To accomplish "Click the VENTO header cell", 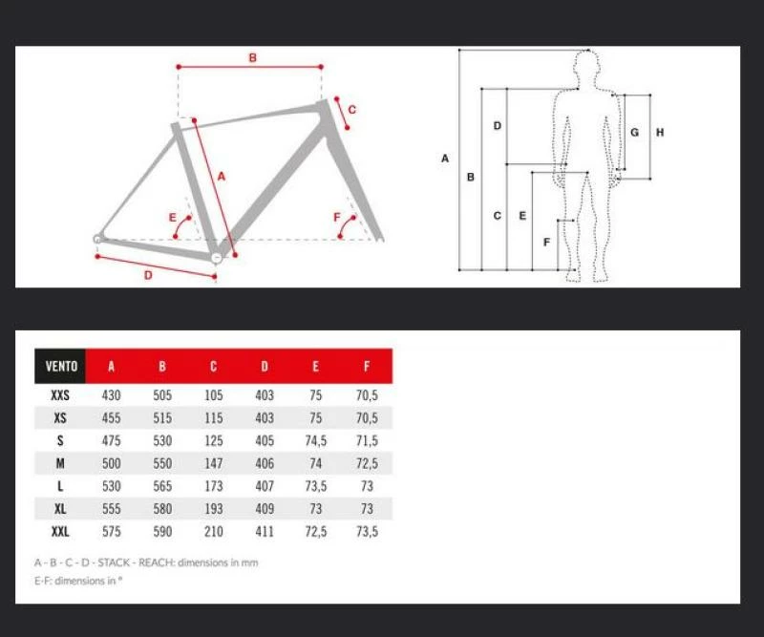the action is tap(60, 366).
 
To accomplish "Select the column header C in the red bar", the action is tap(213, 367).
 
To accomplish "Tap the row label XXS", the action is tap(60, 394).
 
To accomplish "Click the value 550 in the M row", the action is tap(162, 463).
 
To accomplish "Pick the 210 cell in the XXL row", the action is tap(213, 531).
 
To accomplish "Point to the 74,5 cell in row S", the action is tap(316, 440).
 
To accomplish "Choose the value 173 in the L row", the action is tap(213, 486).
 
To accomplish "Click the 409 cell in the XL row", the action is tap(265, 508).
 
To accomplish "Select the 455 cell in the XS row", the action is tap(111, 417).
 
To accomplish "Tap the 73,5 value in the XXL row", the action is tap(367, 531).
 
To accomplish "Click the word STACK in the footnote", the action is tap(114, 563).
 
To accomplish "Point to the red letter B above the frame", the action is tap(252, 57).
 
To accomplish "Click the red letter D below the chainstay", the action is tap(148, 275).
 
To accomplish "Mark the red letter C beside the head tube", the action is tap(351, 110).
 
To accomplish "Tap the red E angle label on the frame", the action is tap(173, 218).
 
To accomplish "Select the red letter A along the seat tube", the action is tap(222, 177).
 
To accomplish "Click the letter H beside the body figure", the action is tap(660, 132).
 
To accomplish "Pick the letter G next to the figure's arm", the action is tap(634, 132).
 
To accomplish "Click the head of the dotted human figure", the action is tap(586, 63).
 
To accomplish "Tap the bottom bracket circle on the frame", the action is tap(217, 257).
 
